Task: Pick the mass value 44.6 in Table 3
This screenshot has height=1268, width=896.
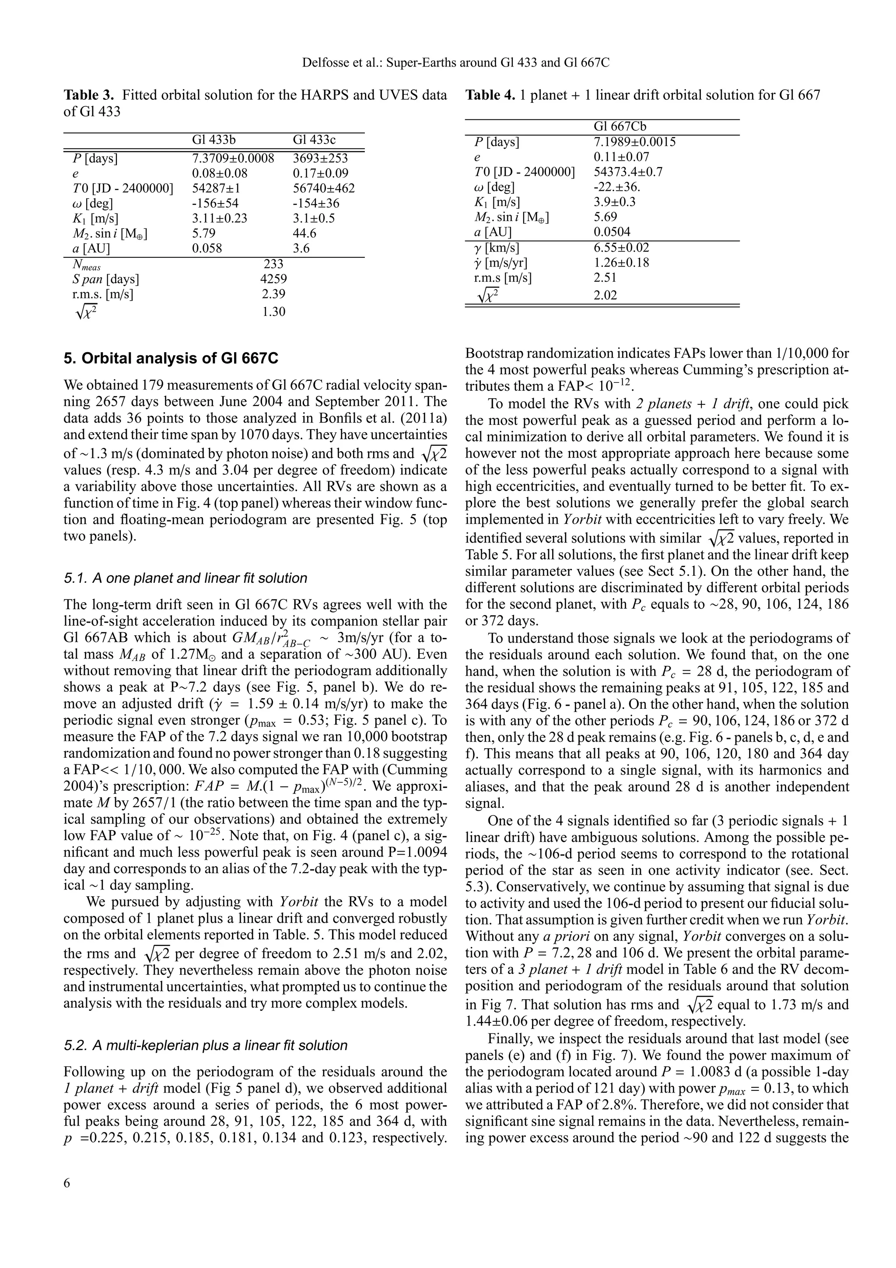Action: click(304, 233)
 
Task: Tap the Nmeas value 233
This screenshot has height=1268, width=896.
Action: click(274, 264)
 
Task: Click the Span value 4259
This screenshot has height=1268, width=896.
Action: click(273, 279)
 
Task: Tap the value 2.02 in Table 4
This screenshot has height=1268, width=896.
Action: click(605, 295)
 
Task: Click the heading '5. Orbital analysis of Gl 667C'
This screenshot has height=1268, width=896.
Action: click(171, 359)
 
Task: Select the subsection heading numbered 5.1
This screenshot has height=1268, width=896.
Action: click(185, 578)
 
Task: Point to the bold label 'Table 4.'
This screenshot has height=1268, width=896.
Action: click(490, 95)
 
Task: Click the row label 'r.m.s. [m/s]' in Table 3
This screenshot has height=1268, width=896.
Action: click(99, 294)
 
